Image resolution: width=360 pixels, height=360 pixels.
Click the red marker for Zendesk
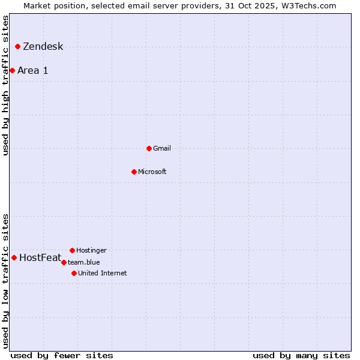click(18, 46)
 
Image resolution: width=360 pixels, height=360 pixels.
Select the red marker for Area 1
click(12, 70)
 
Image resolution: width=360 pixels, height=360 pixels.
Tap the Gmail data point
click(149, 148)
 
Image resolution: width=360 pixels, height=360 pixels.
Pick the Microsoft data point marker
click(134, 172)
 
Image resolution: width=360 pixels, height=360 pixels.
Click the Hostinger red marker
click(72, 250)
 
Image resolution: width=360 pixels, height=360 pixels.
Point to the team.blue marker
click(64, 262)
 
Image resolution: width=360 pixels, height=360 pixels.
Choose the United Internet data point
click(74, 273)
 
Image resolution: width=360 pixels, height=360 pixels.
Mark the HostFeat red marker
click(14, 257)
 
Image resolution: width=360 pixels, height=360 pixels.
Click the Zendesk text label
click(43, 47)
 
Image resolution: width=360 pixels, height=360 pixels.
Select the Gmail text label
click(162, 148)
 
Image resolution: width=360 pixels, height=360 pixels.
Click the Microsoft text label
click(152, 172)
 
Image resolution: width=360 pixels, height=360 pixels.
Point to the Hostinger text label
click(91, 250)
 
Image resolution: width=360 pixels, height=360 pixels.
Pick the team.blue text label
click(84, 262)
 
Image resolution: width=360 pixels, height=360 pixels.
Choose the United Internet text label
click(103, 273)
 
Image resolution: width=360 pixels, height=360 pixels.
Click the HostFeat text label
click(40, 258)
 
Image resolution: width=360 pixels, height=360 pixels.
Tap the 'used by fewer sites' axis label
click(62, 355)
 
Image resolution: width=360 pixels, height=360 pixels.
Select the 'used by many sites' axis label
click(301, 355)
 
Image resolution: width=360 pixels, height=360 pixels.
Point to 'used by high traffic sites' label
click(6, 85)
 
